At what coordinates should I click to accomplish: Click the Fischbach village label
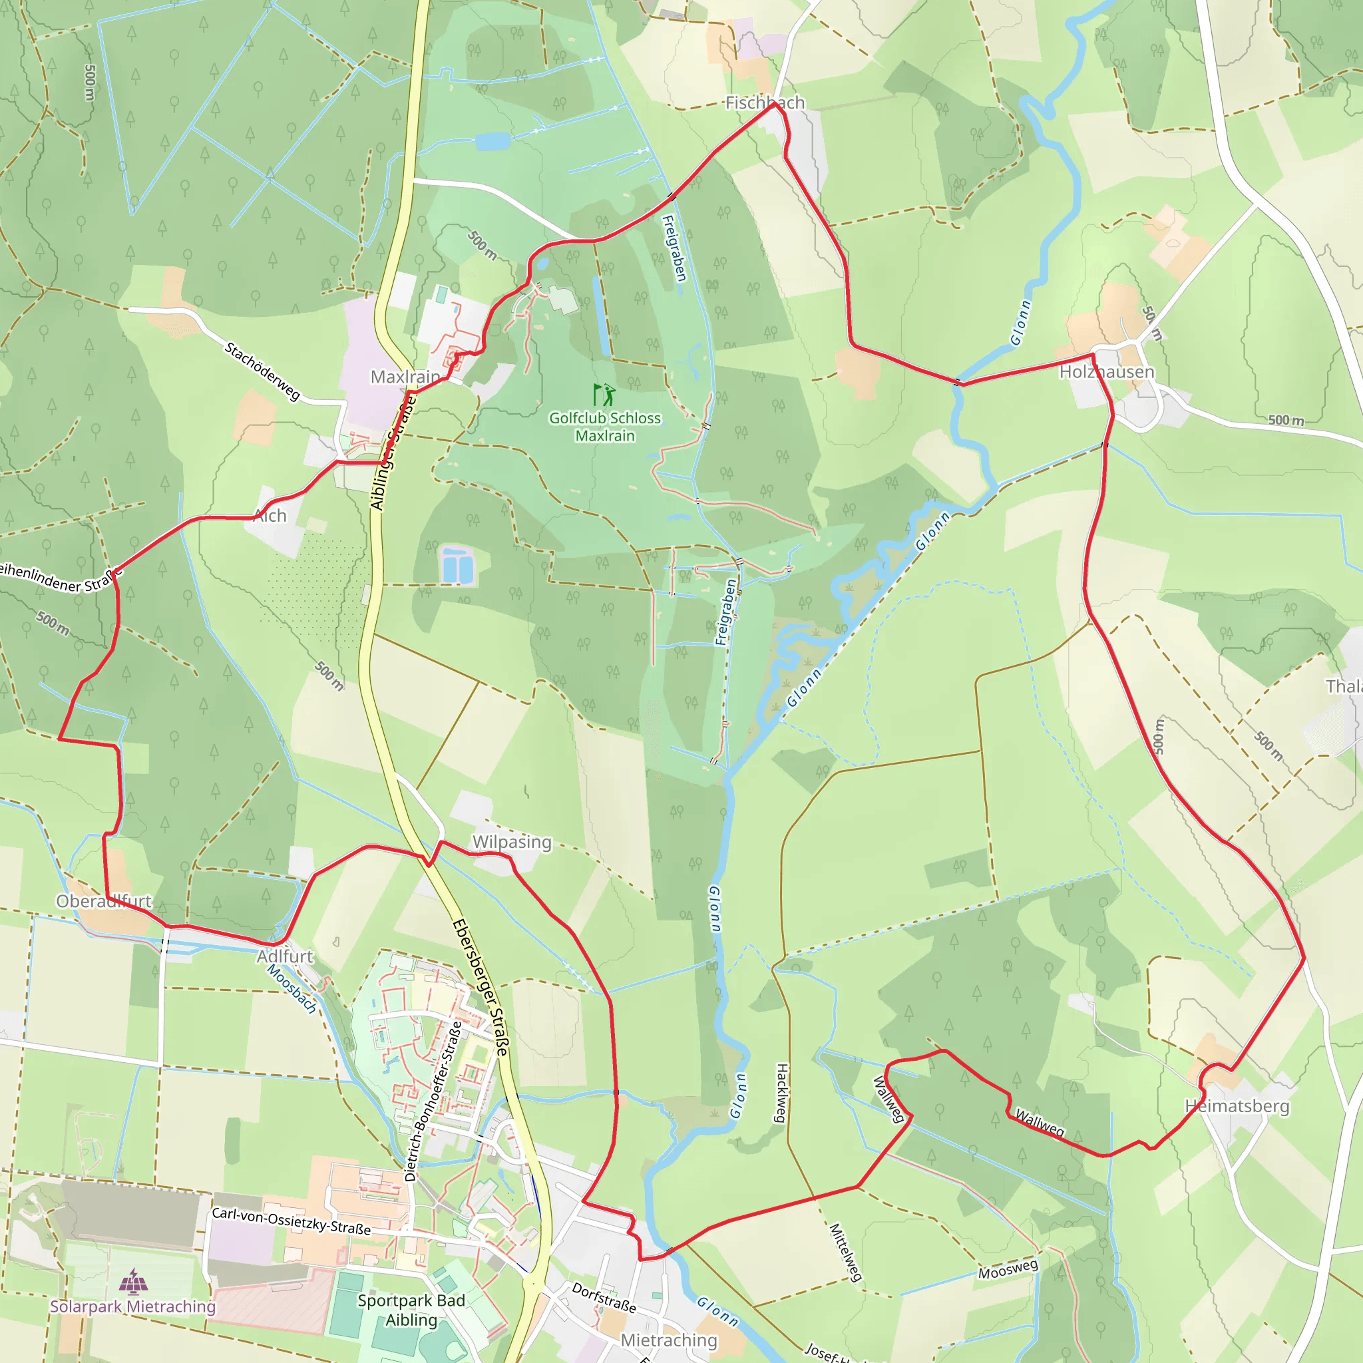(765, 103)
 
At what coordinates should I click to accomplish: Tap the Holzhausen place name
(1107, 372)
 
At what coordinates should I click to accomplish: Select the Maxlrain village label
(405, 377)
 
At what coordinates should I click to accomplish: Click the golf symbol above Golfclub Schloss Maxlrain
(604, 395)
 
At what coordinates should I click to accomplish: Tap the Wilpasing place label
(512, 842)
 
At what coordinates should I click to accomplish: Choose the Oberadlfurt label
(104, 901)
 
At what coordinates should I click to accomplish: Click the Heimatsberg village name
(1237, 1105)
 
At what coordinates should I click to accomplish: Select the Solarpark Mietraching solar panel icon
(132, 1280)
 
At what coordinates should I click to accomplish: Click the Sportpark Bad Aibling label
(411, 1310)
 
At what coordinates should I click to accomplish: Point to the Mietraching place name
(668, 1340)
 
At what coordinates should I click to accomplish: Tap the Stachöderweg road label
(262, 371)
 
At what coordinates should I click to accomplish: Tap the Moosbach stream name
(292, 988)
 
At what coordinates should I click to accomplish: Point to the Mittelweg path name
(845, 1253)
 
